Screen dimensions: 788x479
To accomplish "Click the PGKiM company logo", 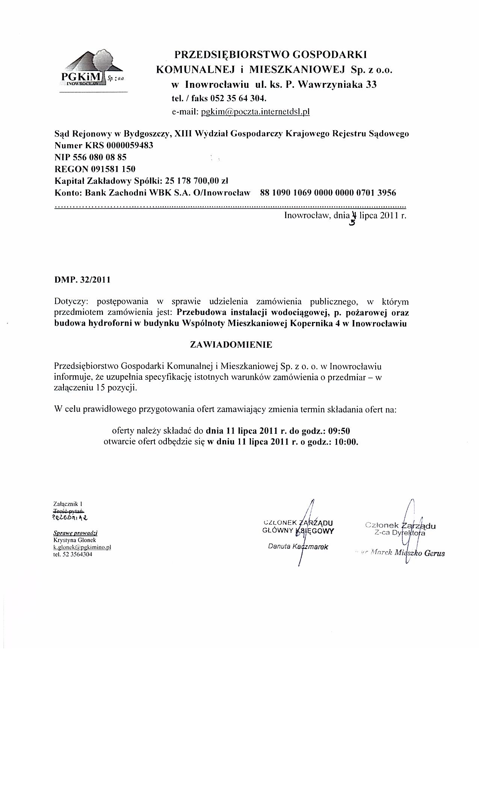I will (92, 70).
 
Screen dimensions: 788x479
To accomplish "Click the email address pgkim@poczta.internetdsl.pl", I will (255, 112).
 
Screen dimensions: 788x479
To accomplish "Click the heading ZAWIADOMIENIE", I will (231, 345).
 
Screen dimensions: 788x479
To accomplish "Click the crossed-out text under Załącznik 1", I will (69, 511).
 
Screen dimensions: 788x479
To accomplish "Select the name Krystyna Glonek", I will (70, 540).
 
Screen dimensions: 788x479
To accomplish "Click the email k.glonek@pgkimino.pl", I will (83, 547).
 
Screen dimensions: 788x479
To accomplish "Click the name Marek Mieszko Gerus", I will (406, 553).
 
